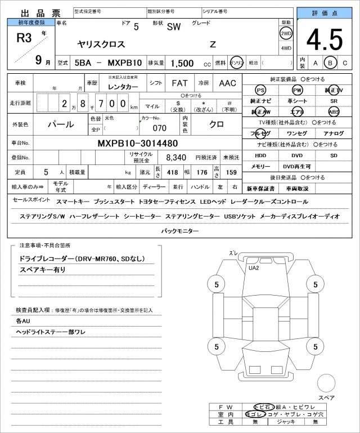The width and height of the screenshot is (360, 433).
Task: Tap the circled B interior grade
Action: point(330,63)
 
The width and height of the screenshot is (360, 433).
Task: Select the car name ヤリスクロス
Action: point(101,44)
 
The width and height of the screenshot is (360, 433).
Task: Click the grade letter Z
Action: point(212,44)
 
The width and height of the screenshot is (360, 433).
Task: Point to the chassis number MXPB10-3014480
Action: point(138,143)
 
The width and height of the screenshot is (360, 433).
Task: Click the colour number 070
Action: point(160,128)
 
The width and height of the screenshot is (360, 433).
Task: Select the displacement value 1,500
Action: point(182,63)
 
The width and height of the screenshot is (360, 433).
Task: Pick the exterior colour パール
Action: point(60,123)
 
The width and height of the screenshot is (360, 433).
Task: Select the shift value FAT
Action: point(179,83)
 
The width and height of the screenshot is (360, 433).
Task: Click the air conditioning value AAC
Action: point(227,83)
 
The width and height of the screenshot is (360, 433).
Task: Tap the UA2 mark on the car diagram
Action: point(254,267)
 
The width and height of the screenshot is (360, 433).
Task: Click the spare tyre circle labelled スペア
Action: point(326,384)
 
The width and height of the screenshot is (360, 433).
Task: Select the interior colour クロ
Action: point(217,123)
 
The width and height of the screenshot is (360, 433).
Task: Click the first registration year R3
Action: point(24,38)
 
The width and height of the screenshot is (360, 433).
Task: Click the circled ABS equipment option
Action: point(334,111)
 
